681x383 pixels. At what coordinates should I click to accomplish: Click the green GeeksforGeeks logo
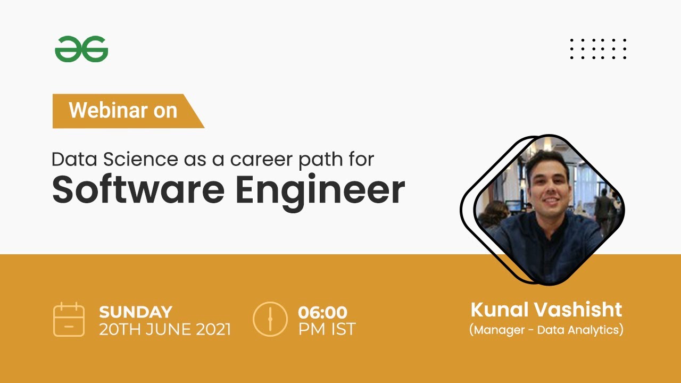81,49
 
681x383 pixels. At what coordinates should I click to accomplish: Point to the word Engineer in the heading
320,190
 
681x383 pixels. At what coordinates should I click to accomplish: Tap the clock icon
270,319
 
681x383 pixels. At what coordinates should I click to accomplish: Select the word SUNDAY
136,312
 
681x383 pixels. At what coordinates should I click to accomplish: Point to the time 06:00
322,312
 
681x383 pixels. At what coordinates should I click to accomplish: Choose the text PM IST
327,329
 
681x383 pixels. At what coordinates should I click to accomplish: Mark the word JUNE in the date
159,329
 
